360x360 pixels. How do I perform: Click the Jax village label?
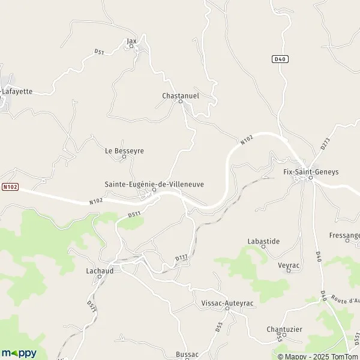click(132, 41)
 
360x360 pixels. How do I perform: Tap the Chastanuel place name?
click(180, 95)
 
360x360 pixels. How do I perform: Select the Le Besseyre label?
click(124, 151)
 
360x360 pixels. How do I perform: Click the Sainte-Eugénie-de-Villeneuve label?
click(154, 184)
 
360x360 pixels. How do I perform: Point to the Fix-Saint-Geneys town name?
click(311, 172)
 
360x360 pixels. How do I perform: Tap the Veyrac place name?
click(289, 263)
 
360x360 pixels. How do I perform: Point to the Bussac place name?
click(187, 355)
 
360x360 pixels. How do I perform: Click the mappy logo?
click(19, 353)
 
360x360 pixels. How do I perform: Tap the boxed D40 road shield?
click(280, 59)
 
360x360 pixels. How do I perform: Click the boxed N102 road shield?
click(10, 187)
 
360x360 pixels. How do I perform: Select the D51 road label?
click(100, 53)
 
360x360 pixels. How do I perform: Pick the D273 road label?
click(325, 144)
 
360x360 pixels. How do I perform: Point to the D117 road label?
click(182, 258)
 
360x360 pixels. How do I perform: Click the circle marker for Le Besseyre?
click(124, 158)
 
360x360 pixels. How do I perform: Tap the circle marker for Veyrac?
click(289, 271)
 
